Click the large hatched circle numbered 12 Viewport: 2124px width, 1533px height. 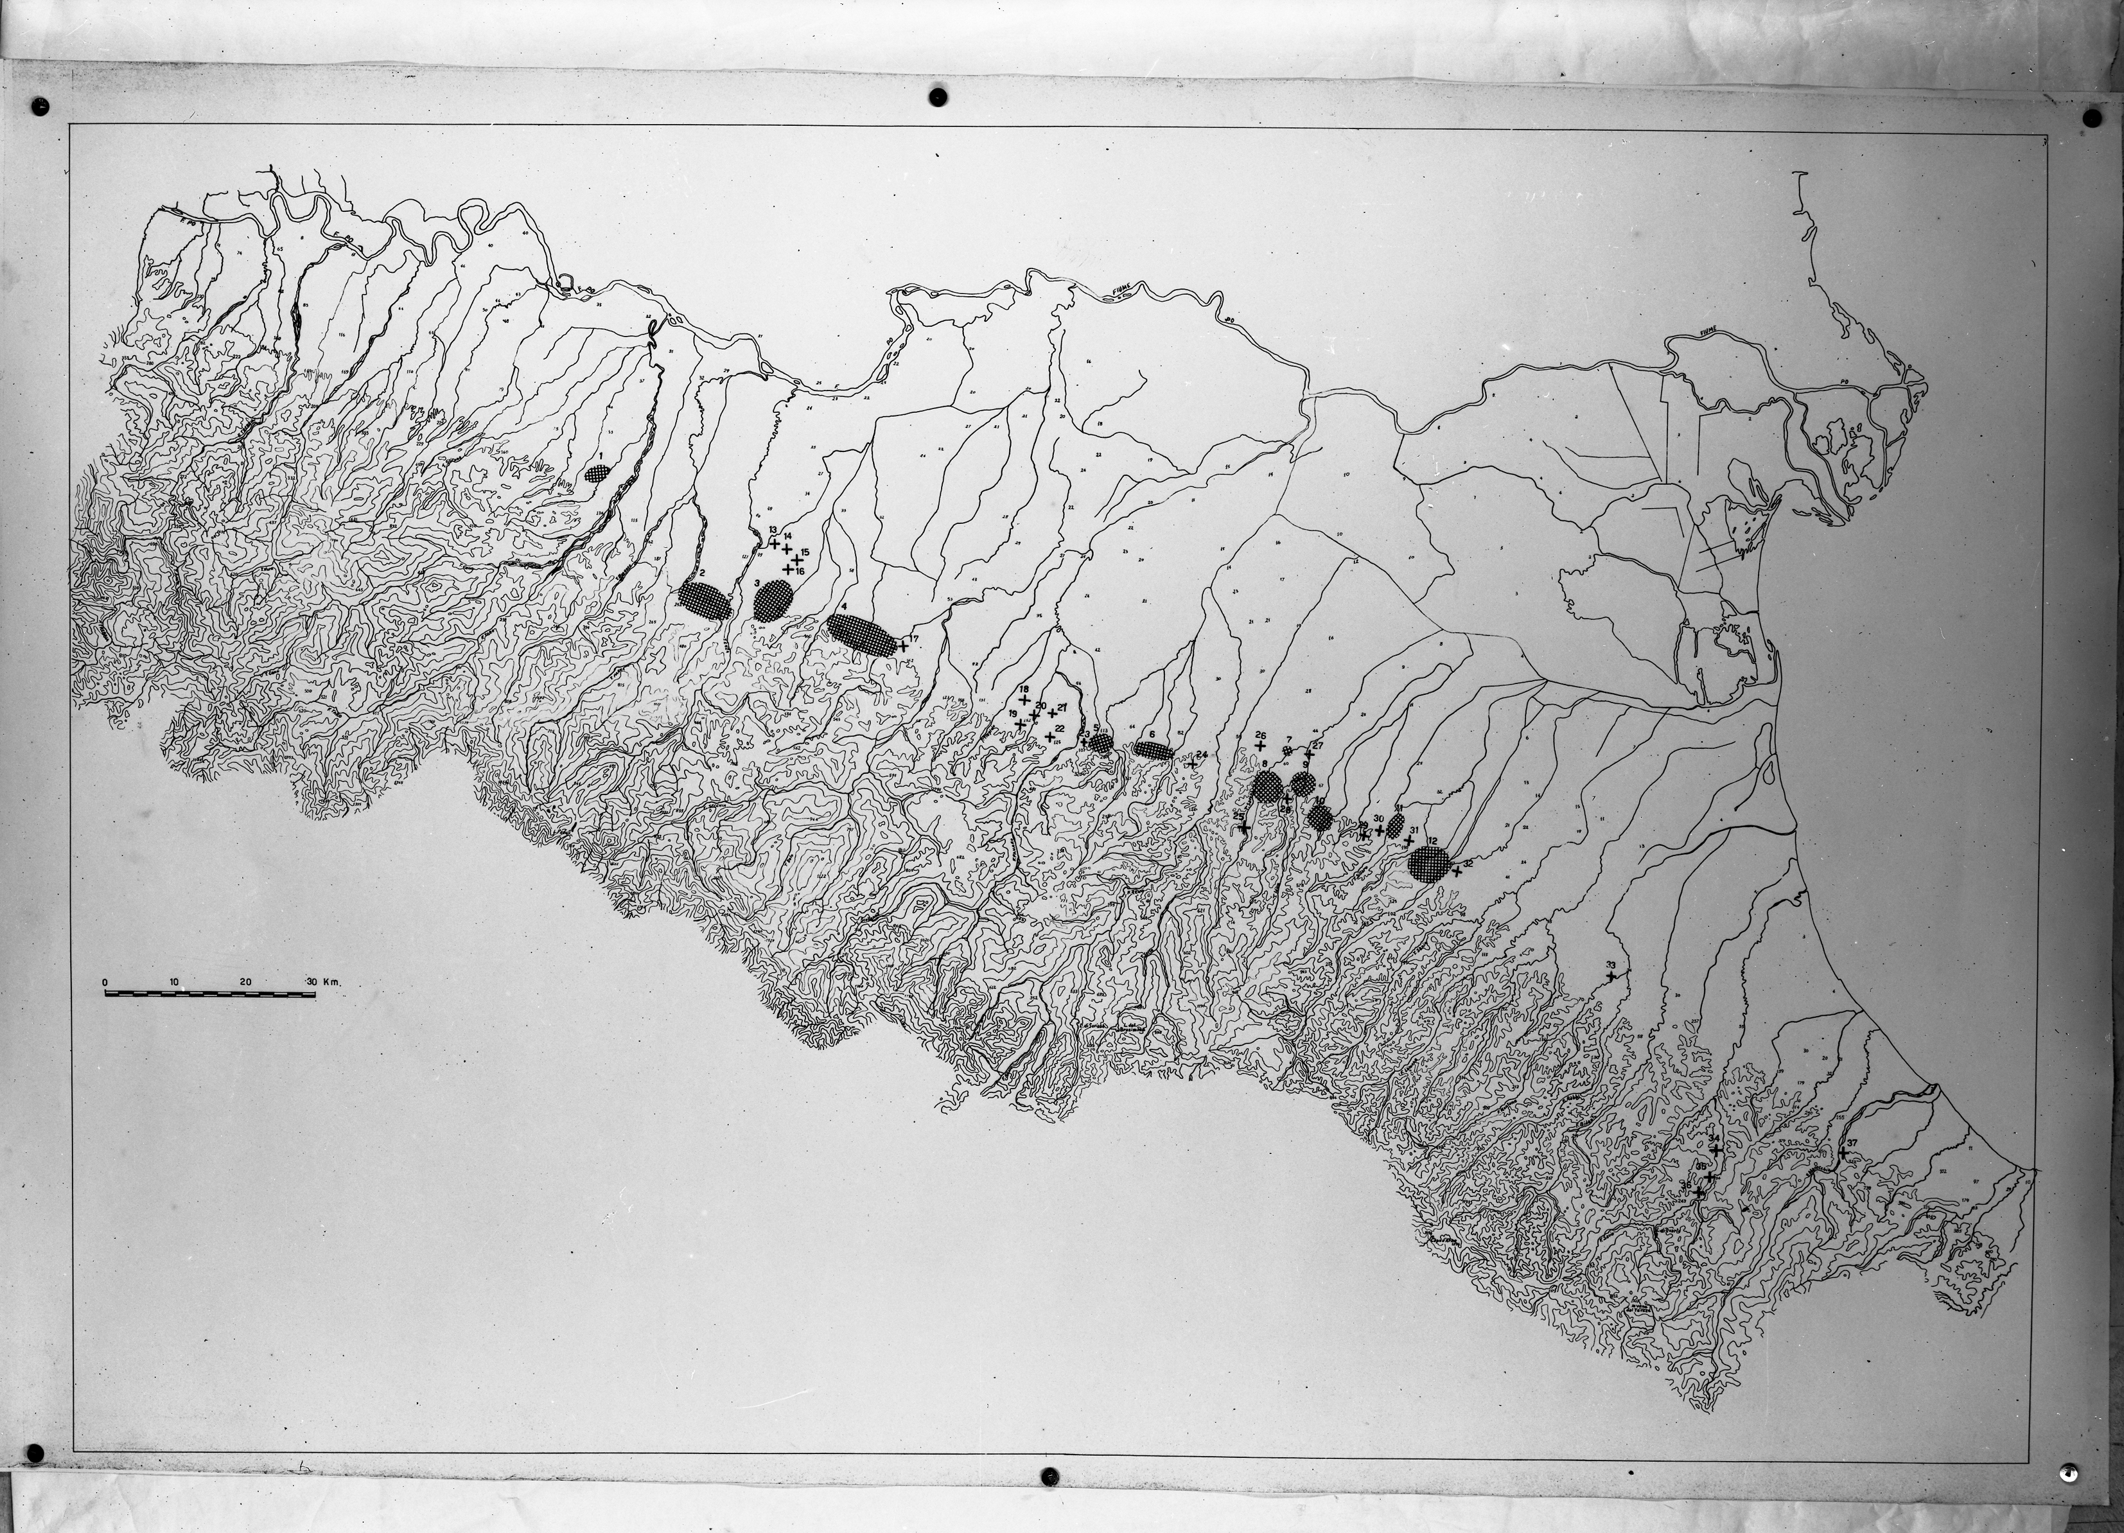pyautogui.click(x=1430, y=863)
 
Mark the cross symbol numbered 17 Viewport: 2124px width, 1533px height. pyautogui.click(x=903, y=646)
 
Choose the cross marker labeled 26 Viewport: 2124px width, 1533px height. pyautogui.click(x=1261, y=746)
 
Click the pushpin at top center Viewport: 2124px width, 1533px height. pyautogui.click(x=938, y=96)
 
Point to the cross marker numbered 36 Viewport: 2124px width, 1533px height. pyautogui.click(x=1699, y=1192)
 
